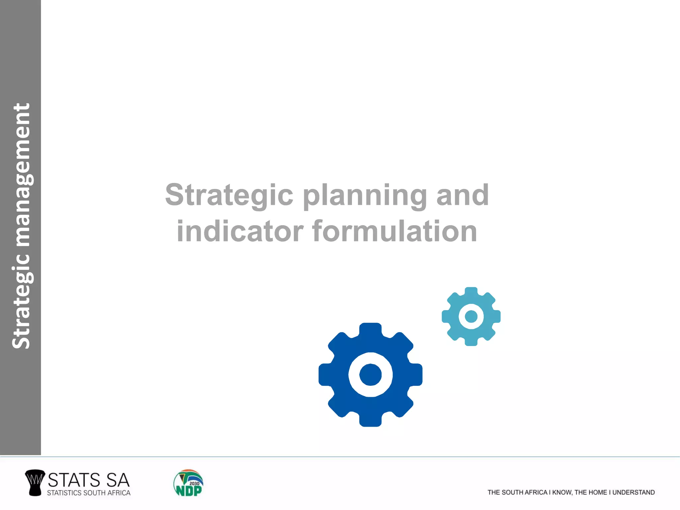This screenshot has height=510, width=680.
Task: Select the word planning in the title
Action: click(365, 196)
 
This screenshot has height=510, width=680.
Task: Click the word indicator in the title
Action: click(240, 231)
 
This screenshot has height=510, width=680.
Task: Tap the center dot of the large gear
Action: click(370, 375)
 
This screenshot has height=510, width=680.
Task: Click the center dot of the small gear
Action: click(471, 316)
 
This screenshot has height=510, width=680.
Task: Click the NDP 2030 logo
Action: click(188, 483)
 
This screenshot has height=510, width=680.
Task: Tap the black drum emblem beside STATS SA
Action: click(35, 482)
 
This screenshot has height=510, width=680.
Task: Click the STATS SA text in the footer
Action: click(88, 480)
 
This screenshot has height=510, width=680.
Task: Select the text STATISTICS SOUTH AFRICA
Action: click(88, 493)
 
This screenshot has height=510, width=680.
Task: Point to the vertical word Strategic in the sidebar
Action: click(21, 302)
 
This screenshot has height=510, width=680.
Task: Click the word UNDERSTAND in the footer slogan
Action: click(633, 492)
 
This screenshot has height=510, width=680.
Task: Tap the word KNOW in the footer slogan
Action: click(562, 492)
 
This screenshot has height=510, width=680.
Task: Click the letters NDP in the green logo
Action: click(188, 490)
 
